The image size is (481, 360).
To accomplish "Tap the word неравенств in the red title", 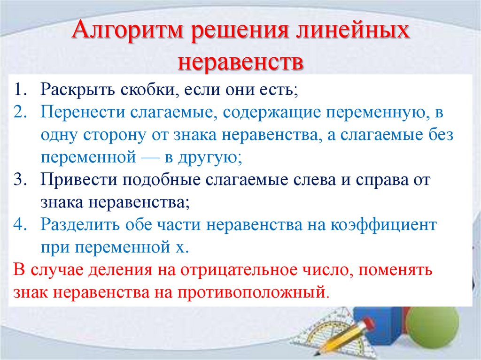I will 240,62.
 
